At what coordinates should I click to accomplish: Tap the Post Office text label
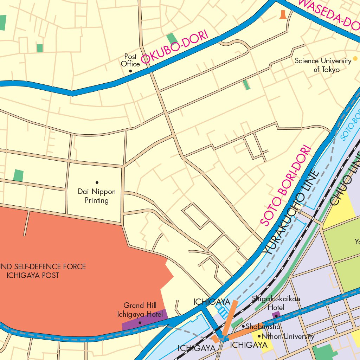[x=130, y=60]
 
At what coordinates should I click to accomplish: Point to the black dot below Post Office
[x=130, y=71]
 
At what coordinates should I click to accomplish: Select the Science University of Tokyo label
[x=323, y=65]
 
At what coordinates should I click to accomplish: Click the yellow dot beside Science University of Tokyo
[x=355, y=58]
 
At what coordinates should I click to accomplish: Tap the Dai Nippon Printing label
[x=97, y=196]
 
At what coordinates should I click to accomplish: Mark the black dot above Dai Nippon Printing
[x=97, y=182]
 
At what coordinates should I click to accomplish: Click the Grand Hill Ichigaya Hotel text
[x=140, y=310]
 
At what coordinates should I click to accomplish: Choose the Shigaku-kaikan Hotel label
[x=276, y=303]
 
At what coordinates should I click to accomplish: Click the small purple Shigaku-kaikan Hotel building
[x=276, y=315]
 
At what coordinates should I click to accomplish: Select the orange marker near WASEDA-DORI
[x=283, y=15]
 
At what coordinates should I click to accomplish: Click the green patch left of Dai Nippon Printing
[x=18, y=175]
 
